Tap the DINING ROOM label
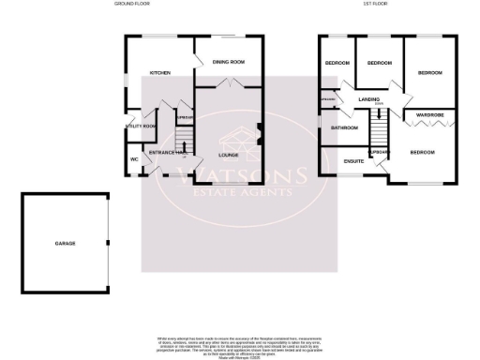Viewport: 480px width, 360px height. click(x=228, y=62)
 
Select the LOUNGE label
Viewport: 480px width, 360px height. click(x=228, y=155)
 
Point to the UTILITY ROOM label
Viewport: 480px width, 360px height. click(x=140, y=127)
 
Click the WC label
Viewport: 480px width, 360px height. click(x=134, y=159)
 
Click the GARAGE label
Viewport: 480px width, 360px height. click(x=65, y=244)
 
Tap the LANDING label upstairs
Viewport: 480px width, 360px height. click(x=367, y=97)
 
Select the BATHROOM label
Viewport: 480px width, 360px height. click(x=344, y=127)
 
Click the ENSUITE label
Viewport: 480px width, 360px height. click(x=353, y=160)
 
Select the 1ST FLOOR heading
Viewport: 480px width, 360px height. click(x=375, y=5)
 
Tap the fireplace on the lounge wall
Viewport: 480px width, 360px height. click(x=259, y=131)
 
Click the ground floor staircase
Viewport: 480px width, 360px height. click(x=185, y=141)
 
